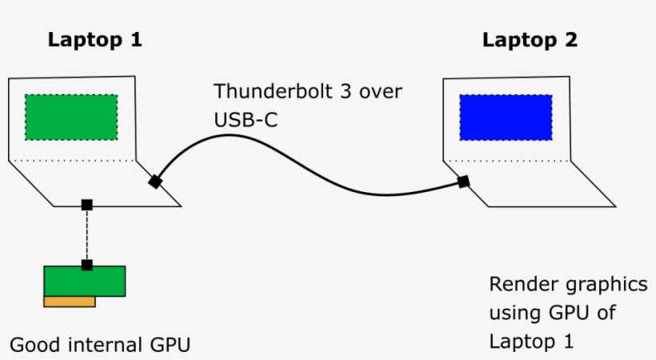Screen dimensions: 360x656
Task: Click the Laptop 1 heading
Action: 95,40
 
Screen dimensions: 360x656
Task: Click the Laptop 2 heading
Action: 530,40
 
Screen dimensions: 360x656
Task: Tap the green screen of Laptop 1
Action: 71,117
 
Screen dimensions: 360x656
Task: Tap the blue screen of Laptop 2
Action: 506,117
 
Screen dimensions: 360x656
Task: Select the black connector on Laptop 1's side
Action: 155,182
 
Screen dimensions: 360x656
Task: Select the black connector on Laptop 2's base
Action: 463,182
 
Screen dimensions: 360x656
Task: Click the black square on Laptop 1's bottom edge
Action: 87,206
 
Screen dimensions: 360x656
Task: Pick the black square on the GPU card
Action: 87,265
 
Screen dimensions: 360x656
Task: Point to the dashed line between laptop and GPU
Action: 87,235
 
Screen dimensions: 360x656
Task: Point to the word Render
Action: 519,285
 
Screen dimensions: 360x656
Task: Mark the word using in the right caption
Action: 511,313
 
